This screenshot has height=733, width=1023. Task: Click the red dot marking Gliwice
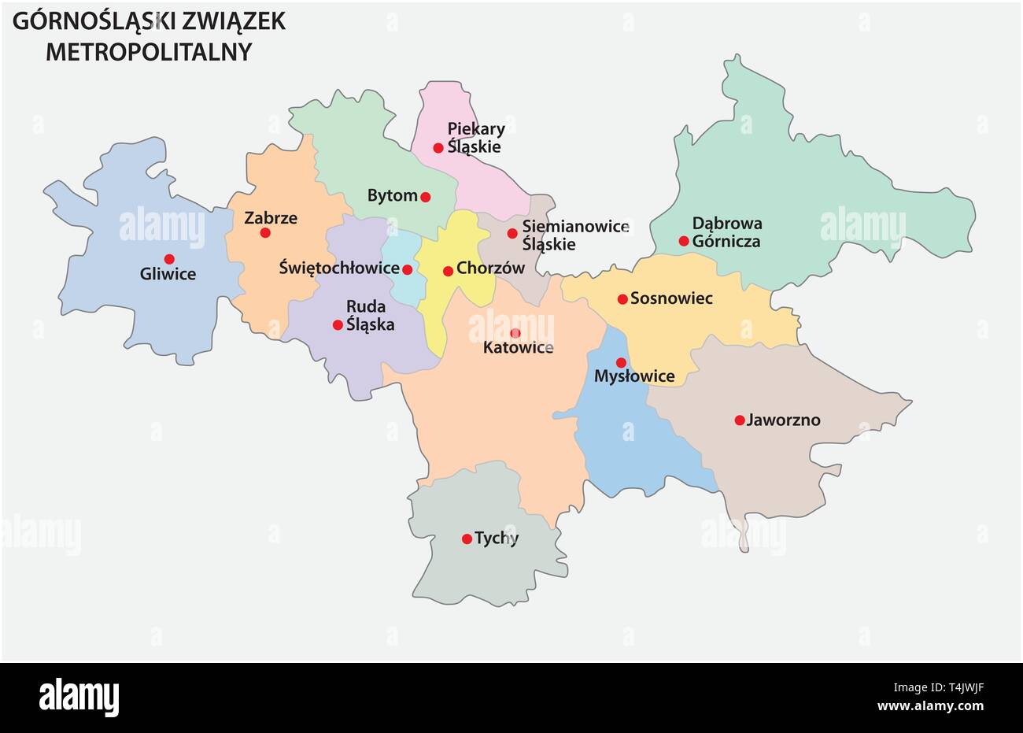[169, 259]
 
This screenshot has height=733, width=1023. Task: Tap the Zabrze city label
[271, 218]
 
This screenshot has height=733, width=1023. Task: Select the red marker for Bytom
[426, 197]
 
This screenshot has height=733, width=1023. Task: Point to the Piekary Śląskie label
[475, 138]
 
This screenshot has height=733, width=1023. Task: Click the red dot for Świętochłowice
[407, 270]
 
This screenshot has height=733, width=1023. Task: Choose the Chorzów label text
[489, 268]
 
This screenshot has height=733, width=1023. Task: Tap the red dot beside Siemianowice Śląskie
[512, 233]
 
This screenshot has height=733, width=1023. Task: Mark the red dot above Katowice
[515, 333]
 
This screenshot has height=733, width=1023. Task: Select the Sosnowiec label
[671, 298]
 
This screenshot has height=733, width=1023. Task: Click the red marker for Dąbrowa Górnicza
[684, 241]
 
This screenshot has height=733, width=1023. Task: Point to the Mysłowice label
[634, 376]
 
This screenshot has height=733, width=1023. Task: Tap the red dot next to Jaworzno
[740, 420]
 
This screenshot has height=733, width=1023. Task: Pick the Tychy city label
[497, 539]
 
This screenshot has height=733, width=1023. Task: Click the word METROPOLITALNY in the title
[149, 51]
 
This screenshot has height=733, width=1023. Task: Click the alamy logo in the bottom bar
[79, 698]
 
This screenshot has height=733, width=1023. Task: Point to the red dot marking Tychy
[467, 539]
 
